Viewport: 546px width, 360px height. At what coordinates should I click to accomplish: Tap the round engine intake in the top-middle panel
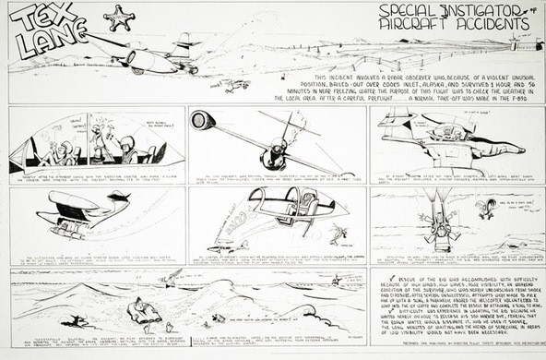click(203, 120)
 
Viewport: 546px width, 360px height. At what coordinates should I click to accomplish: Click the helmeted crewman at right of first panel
click(130, 148)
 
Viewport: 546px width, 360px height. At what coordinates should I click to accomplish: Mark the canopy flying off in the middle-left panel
click(118, 198)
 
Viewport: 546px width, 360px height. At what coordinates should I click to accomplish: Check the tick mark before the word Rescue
click(374, 277)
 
